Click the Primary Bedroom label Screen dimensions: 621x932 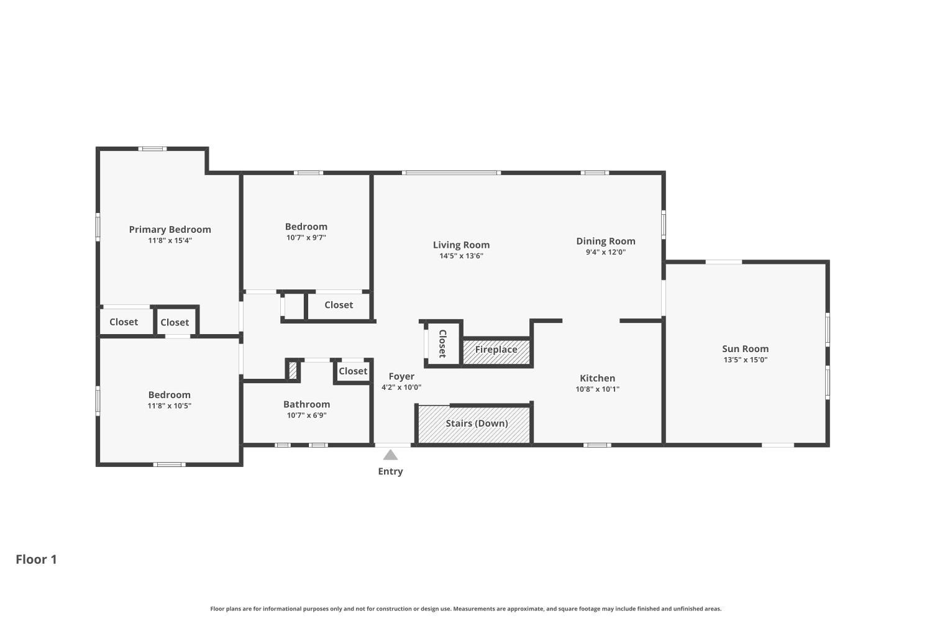170,229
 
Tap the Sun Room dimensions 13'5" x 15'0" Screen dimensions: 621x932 745,360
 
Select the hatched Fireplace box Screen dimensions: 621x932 496,351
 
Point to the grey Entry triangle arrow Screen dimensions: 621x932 390,455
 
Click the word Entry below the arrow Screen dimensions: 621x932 390,471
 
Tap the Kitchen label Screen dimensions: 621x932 597,378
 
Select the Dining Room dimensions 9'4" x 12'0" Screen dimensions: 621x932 605,252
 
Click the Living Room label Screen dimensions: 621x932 461,245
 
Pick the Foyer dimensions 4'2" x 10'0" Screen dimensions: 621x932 401,387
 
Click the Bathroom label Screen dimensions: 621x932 306,404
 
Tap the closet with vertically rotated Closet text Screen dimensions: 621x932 442,343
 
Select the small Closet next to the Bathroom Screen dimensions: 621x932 353,371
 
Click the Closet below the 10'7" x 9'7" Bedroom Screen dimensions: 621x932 339,305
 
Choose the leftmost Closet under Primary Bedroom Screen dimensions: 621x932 124,322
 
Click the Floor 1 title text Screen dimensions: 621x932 36,559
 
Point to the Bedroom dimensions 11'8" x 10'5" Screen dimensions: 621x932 169,406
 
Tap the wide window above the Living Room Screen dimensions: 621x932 451,173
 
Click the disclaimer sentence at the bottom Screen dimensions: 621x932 465,609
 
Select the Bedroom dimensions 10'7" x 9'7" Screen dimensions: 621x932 306,237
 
